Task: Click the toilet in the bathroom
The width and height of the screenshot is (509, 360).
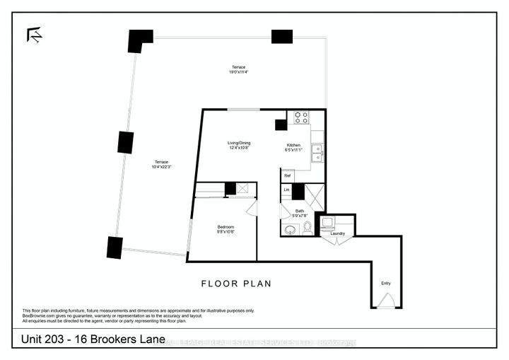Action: pyautogui.click(x=308, y=228)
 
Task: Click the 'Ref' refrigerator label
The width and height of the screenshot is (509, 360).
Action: pyautogui.click(x=287, y=175)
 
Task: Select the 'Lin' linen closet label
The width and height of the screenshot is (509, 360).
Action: pyautogui.click(x=286, y=190)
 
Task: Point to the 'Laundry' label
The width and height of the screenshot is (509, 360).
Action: pyautogui.click(x=337, y=233)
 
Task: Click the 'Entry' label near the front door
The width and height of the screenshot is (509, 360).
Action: pyautogui.click(x=385, y=283)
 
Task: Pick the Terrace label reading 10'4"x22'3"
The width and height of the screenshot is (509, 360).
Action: pyautogui.click(x=161, y=164)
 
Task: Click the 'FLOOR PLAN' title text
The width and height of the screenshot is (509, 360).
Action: pyautogui.click(x=235, y=284)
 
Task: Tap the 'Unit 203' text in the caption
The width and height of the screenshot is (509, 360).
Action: pyautogui.click(x=37, y=343)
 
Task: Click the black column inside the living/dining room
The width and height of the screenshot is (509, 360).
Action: pyautogui.click(x=281, y=124)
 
